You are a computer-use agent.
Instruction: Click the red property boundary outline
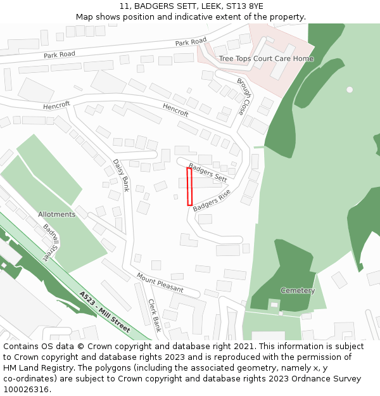pyautogui.click(x=189, y=186)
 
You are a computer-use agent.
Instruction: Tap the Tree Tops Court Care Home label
pyautogui.click(x=266, y=59)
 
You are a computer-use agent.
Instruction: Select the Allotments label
pyautogui.click(x=56, y=214)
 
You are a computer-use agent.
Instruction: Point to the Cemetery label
pyautogui.click(x=297, y=291)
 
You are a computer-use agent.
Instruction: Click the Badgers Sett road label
pyautogui.click(x=208, y=173)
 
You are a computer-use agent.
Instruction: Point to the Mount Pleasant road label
pyautogui.click(x=160, y=283)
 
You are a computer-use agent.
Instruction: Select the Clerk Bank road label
pyautogui.click(x=155, y=315)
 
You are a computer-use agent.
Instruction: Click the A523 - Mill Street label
pyautogui.click(x=104, y=312)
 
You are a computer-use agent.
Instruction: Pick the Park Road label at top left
pyautogui.click(x=60, y=54)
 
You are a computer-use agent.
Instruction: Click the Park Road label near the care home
pyautogui.click(x=191, y=42)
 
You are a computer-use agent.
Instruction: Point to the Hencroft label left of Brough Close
pyautogui.click(x=175, y=110)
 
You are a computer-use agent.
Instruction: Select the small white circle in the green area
pyautogui.click(x=349, y=89)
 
